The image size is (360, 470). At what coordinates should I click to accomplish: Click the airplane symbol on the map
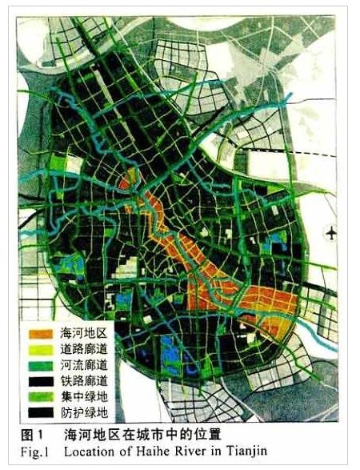[331, 233]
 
